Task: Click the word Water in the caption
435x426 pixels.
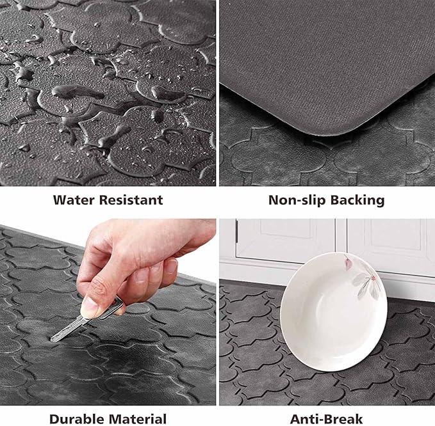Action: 72,200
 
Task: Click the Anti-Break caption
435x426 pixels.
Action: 327,420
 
